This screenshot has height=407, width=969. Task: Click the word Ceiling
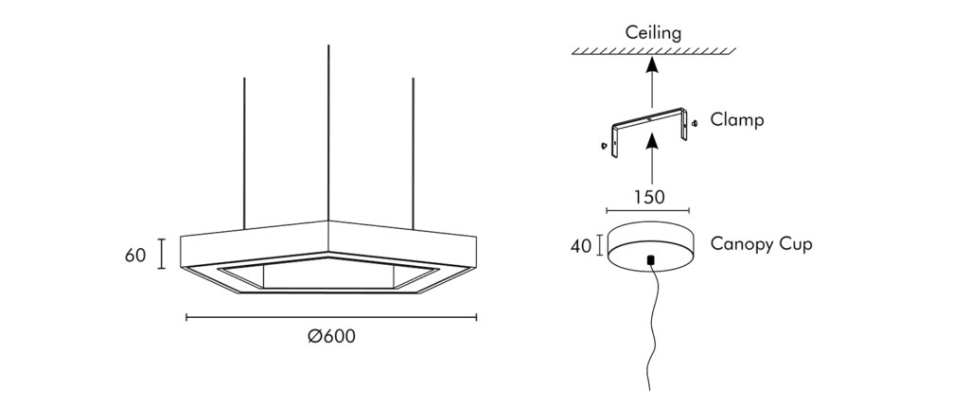tap(653, 33)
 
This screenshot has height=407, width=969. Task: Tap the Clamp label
tap(737, 121)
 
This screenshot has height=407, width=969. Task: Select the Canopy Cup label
tap(762, 244)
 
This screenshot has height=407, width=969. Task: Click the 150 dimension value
tap(648, 197)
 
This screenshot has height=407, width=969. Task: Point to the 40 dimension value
tap(580, 246)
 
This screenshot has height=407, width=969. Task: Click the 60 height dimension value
tap(135, 255)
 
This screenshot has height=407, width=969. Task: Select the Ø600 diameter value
tap(331, 336)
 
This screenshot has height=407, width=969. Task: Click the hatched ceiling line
tap(653, 51)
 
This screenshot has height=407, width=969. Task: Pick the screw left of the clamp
tap(602, 146)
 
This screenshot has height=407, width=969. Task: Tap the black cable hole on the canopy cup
tap(649, 258)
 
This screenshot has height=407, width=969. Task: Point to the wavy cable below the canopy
tap(652, 322)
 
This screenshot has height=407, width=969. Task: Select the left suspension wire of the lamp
tap(244, 151)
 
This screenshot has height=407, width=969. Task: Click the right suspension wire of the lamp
tap(414, 151)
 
